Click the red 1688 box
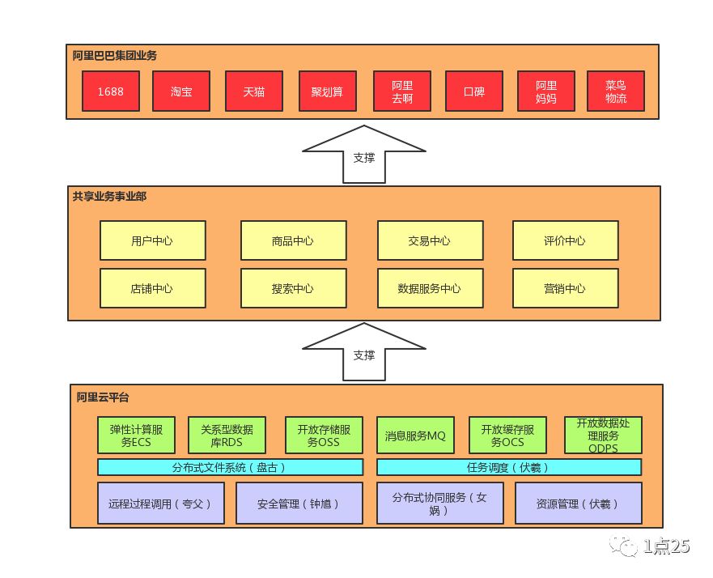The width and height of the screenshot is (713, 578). pyautogui.click(x=110, y=91)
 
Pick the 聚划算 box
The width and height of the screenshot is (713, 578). pyautogui.click(x=327, y=91)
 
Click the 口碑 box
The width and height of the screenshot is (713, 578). pyautogui.click(x=474, y=91)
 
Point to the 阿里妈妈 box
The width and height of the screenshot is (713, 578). pyautogui.click(x=546, y=91)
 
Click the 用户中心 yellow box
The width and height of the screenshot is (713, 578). pyautogui.click(x=152, y=240)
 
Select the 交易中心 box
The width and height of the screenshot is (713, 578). pyautogui.click(x=430, y=240)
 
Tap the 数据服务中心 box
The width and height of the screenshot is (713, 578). pyautogui.click(x=430, y=288)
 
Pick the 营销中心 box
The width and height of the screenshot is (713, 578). pyautogui.click(x=565, y=288)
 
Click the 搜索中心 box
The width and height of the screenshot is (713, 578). pyautogui.click(x=293, y=288)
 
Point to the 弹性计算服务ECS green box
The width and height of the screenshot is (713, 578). pyautogui.click(x=136, y=436)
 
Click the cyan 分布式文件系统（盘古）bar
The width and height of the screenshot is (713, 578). pyautogui.click(x=230, y=467)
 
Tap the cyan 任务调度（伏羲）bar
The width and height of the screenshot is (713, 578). pyautogui.click(x=509, y=467)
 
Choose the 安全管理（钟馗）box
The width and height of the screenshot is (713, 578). pyautogui.click(x=299, y=504)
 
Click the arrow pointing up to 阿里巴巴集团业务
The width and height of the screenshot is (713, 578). pyautogui.click(x=363, y=155)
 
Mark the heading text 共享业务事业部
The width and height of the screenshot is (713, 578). pyautogui.click(x=109, y=196)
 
